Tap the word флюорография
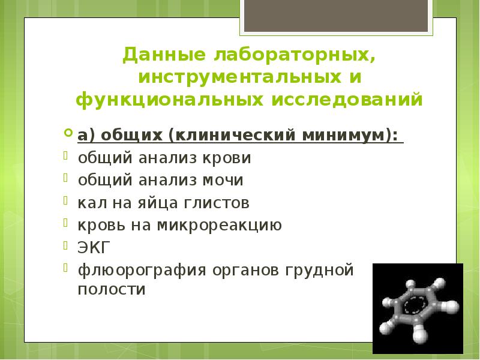point(140,269)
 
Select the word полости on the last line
point(112,289)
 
